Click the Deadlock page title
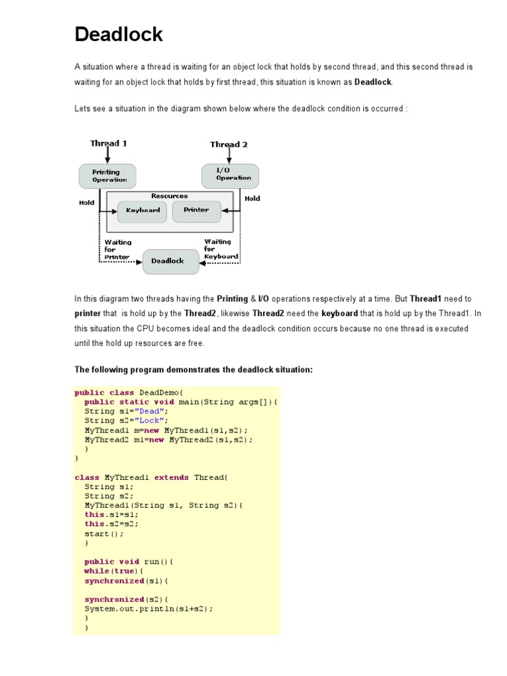tap(119, 34)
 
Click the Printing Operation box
tap(107, 176)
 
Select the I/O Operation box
tap(230, 175)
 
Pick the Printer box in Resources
tap(196, 211)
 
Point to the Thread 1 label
tap(109, 143)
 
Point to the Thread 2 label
tap(229, 144)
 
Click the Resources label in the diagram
tap(169, 196)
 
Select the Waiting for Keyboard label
tap(220, 250)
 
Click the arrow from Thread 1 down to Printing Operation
tap(108, 155)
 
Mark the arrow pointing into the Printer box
tap(227, 211)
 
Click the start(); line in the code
tap(104, 533)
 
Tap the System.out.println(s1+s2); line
tap(149, 609)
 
